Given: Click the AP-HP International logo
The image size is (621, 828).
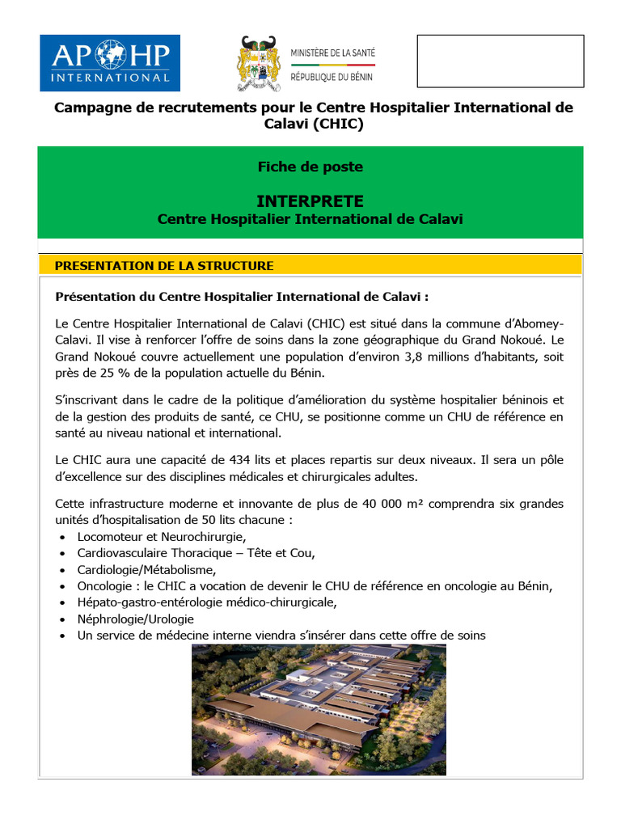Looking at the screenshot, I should (110, 62).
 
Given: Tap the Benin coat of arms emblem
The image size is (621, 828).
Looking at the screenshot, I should (260, 64).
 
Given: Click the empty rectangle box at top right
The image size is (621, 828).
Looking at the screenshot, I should (500, 61).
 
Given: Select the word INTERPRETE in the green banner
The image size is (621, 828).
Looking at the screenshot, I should (310, 201).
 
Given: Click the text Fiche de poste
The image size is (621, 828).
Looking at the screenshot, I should (310, 167).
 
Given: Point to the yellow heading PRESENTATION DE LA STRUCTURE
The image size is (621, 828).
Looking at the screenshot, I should (163, 266).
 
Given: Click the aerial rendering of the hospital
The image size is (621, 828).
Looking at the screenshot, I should (319, 710).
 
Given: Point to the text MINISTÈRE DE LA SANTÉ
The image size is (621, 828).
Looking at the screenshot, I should (332, 54).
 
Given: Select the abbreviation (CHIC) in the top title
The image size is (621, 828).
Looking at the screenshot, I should (334, 125).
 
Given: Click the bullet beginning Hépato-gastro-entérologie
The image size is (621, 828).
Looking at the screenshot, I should (206, 602).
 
